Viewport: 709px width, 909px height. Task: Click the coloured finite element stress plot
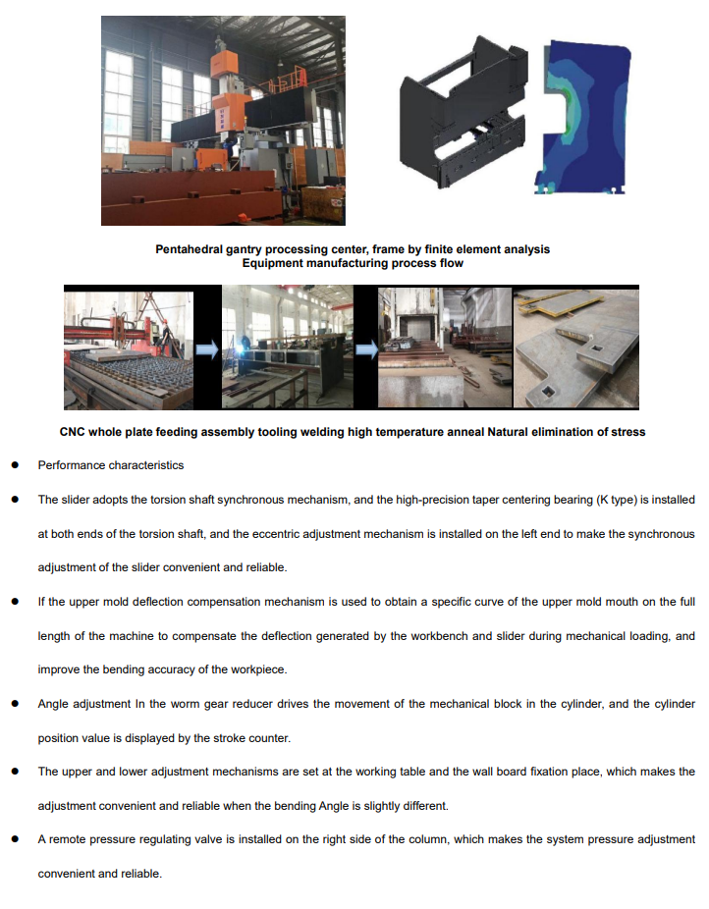pyautogui.click(x=587, y=116)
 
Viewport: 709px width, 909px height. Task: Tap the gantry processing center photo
pyautogui.click(x=223, y=120)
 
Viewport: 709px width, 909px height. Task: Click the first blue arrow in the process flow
pyautogui.click(x=206, y=348)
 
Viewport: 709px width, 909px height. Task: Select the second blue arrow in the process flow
pyautogui.click(x=366, y=348)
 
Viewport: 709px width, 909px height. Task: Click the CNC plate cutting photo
pyautogui.click(x=129, y=348)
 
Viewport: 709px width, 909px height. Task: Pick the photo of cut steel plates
pyautogui.click(x=575, y=348)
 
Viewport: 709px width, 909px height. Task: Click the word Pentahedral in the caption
pyautogui.click(x=191, y=249)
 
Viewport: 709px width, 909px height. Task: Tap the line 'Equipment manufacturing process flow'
pyautogui.click(x=353, y=263)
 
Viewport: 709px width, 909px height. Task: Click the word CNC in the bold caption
pyautogui.click(x=74, y=432)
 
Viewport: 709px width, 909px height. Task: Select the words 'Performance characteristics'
pyautogui.click(x=110, y=465)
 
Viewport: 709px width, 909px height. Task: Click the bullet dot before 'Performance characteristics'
pyautogui.click(x=16, y=465)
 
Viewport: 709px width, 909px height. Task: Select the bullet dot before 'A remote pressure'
pyautogui.click(x=16, y=840)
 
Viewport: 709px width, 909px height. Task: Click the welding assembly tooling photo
pyautogui.click(x=286, y=348)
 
